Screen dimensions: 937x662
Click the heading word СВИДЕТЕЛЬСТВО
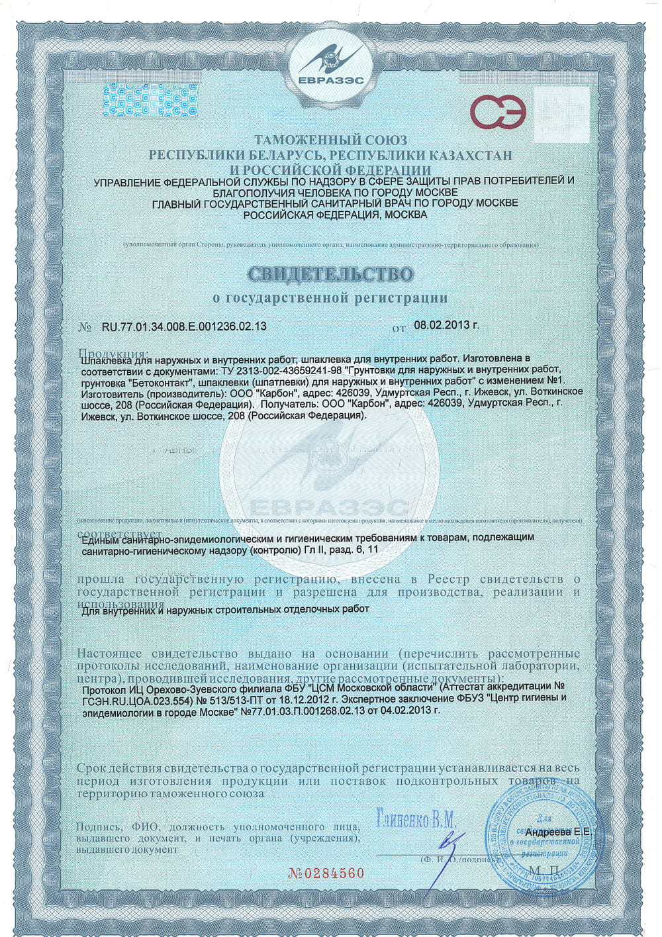pyautogui.click(x=330, y=273)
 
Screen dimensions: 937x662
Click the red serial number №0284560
pyautogui.click(x=326, y=872)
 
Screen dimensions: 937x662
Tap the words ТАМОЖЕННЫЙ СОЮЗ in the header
pyautogui.click(x=330, y=140)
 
